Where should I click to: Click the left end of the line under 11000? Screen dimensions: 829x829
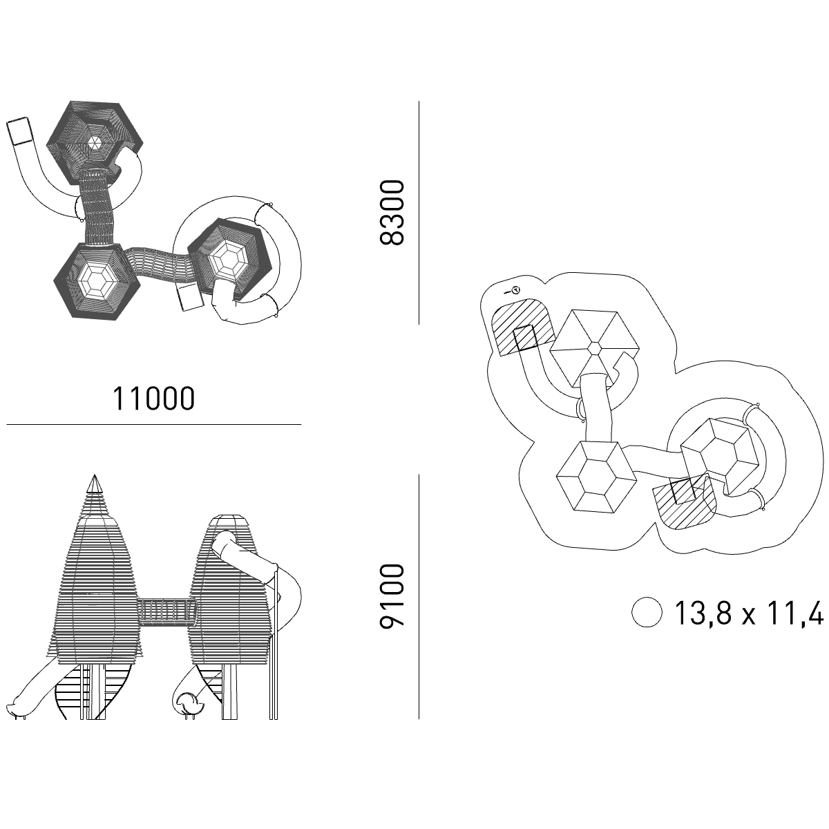[x=6, y=425]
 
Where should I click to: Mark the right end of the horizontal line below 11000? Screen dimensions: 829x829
[x=301, y=425]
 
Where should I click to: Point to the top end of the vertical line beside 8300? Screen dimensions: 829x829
[x=419, y=102]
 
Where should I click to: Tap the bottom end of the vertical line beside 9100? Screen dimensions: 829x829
[x=419, y=718]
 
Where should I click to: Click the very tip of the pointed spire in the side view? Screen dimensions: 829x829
[x=95, y=475]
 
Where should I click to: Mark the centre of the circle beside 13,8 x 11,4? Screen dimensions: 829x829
[x=647, y=612]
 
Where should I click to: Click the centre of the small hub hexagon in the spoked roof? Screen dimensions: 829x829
[x=595, y=348]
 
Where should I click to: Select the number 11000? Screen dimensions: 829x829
[x=153, y=399]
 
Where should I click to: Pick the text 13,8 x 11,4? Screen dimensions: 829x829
[x=749, y=613]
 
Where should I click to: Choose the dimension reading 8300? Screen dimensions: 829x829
[x=392, y=213]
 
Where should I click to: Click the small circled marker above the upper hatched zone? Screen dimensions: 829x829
[x=516, y=290]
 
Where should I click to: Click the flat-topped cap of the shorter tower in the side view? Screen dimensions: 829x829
[x=229, y=521]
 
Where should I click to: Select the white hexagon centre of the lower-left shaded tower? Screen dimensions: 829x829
[x=97, y=283]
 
